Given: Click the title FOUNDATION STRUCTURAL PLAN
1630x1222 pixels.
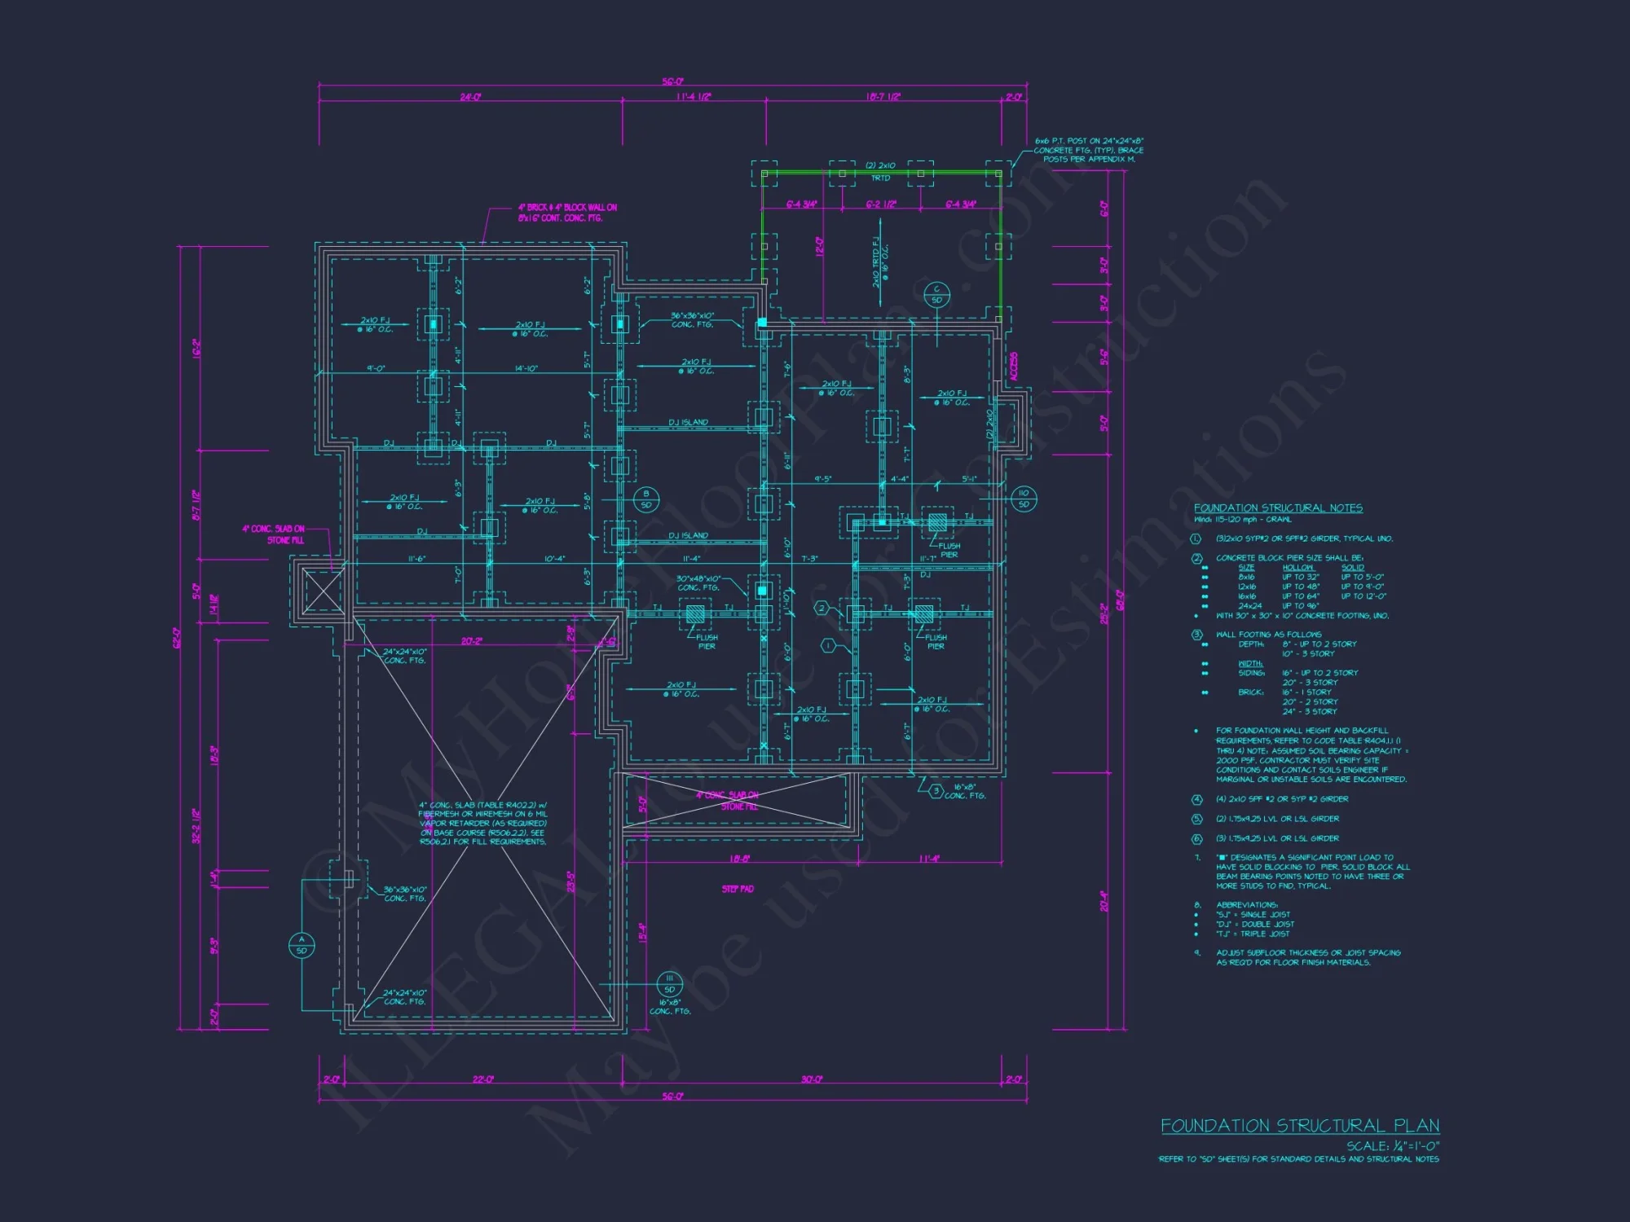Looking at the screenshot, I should tap(1299, 1126).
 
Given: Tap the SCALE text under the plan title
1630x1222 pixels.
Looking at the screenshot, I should tap(1392, 1145).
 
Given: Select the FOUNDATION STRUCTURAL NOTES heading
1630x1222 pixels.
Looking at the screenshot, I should tap(1278, 508).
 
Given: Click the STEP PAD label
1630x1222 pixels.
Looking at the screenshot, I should tap(738, 889).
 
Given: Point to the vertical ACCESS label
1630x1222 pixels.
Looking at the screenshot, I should tap(1014, 367).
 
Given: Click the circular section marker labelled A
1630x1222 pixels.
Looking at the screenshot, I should tap(302, 945).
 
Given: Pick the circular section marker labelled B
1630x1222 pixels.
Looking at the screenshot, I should tap(646, 499).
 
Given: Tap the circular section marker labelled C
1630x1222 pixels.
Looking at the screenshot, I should tap(936, 294).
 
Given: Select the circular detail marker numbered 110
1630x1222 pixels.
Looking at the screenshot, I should tap(1024, 499).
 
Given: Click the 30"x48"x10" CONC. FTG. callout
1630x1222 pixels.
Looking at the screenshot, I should tap(698, 583).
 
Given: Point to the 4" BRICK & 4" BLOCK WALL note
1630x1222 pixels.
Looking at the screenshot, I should tap(567, 213).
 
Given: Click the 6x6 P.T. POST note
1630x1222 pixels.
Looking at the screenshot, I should tap(1089, 150).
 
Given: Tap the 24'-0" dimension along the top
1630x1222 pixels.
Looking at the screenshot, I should tap(470, 97).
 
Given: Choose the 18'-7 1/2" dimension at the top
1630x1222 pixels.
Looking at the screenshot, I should tap(883, 97).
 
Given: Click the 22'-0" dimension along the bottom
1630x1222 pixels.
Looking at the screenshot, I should tap(483, 1079).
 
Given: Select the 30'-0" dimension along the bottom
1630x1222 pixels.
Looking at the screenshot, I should tap(811, 1079).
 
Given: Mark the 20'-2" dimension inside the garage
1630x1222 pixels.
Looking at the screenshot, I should tap(471, 641).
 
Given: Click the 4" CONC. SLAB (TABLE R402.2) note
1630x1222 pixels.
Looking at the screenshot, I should tap(483, 823).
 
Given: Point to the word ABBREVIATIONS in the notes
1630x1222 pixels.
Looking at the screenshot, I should tap(1247, 905).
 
